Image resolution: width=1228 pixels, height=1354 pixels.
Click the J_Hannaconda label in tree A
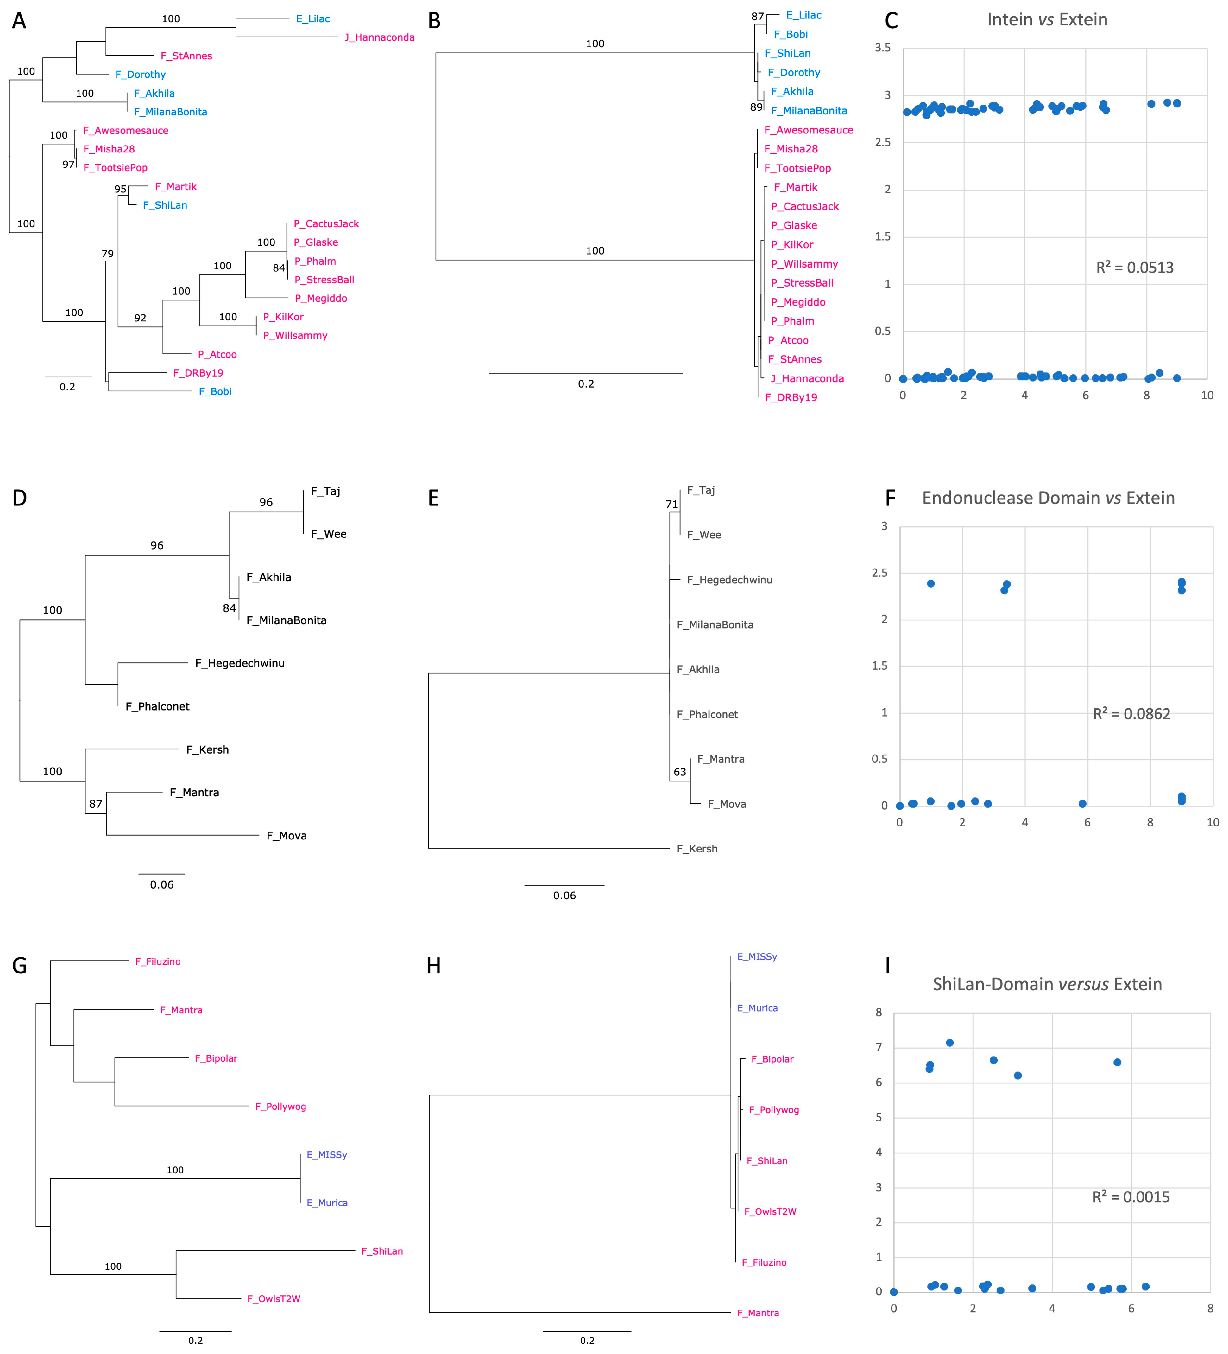coord(379,37)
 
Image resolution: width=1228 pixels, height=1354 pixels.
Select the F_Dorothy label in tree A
coord(140,74)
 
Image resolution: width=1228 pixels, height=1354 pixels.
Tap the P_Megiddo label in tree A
coord(321,298)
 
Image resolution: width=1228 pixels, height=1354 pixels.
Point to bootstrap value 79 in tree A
coord(107,253)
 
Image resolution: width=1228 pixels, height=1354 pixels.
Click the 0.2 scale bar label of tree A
coord(67,387)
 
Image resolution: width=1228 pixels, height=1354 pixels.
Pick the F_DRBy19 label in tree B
coord(791,398)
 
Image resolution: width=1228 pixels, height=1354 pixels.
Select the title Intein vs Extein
coord(1047,20)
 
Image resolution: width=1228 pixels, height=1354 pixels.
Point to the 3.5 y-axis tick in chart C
coord(882,48)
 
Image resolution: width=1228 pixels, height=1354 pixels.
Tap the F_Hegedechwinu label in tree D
coord(240,664)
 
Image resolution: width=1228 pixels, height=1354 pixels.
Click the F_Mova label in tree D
coord(287,836)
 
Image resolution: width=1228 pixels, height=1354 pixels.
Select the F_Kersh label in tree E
coord(697,849)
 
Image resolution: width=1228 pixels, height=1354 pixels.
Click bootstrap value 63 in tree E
coord(679,772)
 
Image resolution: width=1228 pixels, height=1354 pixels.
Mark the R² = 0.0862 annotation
coord(1131,714)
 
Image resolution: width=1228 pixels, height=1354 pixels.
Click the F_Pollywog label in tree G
coord(280,1106)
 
